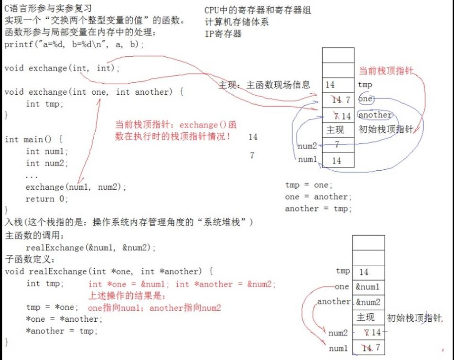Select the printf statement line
point(74,44)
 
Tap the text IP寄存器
point(223,33)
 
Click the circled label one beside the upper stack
point(365,99)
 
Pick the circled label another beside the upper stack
point(375,115)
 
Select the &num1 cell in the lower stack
point(368,287)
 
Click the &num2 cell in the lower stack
point(368,302)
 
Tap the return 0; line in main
point(47,198)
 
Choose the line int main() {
point(33,139)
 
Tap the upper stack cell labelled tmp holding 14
point(338,85)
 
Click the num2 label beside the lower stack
point(339,333)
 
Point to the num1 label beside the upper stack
point(308,160)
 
